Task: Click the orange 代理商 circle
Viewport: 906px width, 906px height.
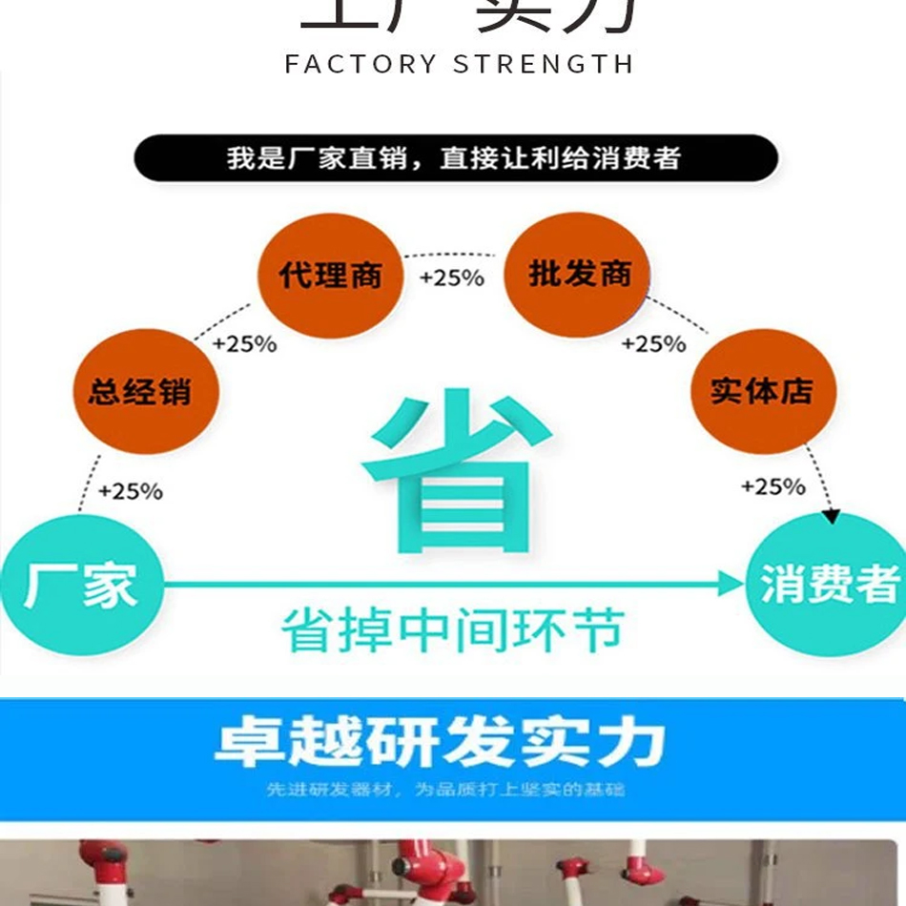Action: click(x=330, y=277)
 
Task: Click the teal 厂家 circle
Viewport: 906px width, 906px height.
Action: click(x=80, y=584)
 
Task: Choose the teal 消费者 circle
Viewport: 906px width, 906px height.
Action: click(x=828, y=584)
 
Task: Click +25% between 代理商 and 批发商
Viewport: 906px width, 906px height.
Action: click(x=452, y=278)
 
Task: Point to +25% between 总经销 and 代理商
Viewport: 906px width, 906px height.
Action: click(x=244, y=343)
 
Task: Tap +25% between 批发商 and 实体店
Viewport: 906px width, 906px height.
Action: click(x=653, y=343)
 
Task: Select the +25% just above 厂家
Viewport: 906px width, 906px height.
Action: click(x=131, y=491)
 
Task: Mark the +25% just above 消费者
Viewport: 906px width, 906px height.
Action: click(x=773, y=486)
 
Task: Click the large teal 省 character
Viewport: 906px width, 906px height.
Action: click(x=456, y=472)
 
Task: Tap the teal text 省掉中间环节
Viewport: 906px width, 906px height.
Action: click(x=452, y=631)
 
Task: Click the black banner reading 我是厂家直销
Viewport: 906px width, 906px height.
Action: click(x=454, y=158)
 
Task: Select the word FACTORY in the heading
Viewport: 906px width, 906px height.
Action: click(x=360, y=65)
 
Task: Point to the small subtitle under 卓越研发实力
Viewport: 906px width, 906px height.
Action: click(x=446, y=790)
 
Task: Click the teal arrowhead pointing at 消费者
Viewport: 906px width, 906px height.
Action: click(x=730, y=584)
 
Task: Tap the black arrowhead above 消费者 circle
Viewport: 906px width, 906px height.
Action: click(x=832, y=516)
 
